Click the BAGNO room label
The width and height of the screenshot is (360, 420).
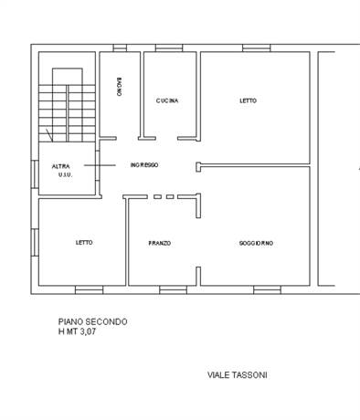[120, 87]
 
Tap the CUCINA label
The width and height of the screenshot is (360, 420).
[167, 100]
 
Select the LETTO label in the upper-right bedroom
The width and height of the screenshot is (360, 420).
[249, 100]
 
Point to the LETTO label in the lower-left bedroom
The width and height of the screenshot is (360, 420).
[84, 243]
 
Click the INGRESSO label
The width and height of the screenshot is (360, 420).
[144, 165]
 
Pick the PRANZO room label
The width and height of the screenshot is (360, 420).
[160, 243]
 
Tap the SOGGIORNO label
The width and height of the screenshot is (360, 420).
[256, 243]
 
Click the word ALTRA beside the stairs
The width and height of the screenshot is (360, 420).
[61, 166]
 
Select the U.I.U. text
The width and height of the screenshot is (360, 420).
[65, 175]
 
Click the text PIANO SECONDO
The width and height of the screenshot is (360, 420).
[93, 321]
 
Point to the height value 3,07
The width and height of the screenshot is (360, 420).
[88, 331]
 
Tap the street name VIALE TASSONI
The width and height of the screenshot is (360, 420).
[238, 375]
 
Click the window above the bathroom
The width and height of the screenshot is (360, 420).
[120, 48]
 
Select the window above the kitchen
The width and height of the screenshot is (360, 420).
[169, 48]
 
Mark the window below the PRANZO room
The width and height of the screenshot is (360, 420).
[173, 289]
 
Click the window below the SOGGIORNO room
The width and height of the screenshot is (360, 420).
[267, 289]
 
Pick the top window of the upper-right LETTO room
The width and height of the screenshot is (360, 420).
[257, 48]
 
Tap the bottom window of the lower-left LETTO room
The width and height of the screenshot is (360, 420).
[89, 289]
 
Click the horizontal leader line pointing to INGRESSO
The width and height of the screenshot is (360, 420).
[100, 165]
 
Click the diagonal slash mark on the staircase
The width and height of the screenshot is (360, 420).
[49, 135]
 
